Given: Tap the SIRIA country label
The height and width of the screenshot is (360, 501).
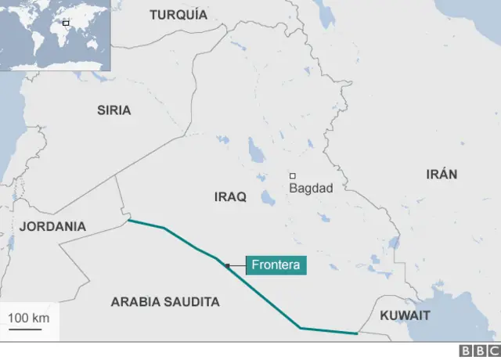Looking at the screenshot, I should (114, 110).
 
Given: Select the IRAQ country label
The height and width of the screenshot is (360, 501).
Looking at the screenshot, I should (230, 197).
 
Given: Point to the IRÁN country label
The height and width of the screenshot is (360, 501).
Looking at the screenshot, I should (442, 175).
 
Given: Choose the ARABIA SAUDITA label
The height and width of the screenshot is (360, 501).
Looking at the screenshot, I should (165, 301).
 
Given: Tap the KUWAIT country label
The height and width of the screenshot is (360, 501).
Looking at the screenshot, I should (405, 315).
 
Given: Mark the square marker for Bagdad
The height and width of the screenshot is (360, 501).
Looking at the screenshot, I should (293, 176).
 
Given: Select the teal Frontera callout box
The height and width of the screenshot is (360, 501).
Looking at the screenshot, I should (276, 265).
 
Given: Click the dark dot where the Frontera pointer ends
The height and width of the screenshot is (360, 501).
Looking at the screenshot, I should (228, 266).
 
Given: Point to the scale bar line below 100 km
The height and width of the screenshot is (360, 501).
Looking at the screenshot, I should (26, 329).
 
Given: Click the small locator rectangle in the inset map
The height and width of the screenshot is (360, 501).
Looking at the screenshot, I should (66, 23).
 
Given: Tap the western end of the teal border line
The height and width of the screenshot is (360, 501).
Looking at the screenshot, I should (128, 221).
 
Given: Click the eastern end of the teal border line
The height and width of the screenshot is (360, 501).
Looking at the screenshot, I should (357, 333).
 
